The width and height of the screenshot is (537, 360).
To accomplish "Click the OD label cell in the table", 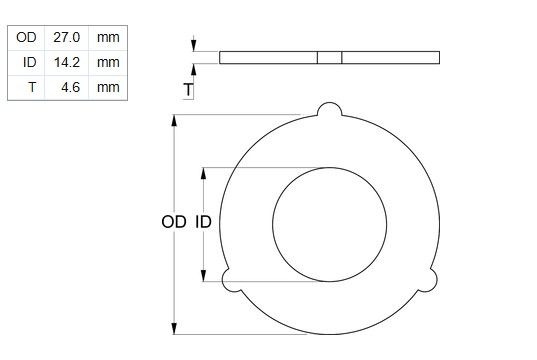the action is pos(26,37).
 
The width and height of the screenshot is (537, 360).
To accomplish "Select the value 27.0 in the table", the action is pos(66,37).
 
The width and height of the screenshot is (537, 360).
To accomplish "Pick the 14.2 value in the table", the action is pos(67,62).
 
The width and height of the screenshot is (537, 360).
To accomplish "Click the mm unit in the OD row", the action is pos(108,37).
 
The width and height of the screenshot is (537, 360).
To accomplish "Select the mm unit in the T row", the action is pos(108,87).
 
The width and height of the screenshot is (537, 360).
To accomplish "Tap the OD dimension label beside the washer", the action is pos(174,222).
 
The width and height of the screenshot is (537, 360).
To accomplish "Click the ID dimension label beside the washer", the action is pos(203,222).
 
